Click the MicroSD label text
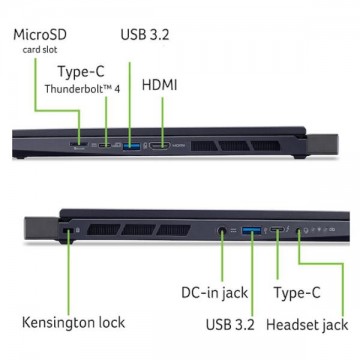click(40, 35)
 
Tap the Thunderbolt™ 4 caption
click(82, 89)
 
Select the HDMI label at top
click(159, 85)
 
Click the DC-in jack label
click(214, 293)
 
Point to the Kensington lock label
click(73, 322)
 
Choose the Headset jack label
click(307, 324)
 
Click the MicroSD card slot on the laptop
click(79, 144)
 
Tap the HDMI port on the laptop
click(160, 145)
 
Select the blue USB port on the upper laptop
click(131, 146)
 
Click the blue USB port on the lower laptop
click(252, 230)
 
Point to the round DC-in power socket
click(222, 230)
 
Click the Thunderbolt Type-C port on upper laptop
click(107, 145)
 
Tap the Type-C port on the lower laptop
click(277, 229)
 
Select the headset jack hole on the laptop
click(299, 230)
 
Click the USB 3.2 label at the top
click(145, 35)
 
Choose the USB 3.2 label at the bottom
click(230, 324)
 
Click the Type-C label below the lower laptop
click(297, 293)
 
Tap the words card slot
click(40, 50)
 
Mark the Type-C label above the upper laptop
click(81, 71)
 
